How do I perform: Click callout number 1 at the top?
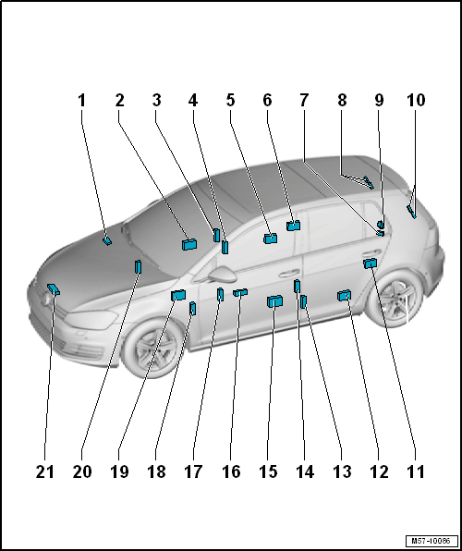click(x=81, y=101)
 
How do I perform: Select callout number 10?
click(x=416, y=101)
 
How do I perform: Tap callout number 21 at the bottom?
click(x=45, y=471)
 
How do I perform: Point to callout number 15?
click(x=268, y=471)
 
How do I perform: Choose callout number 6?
click(x=267, y=101)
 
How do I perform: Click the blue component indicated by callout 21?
click(x=54, y=288)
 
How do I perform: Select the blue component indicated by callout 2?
click(x=189, y=244)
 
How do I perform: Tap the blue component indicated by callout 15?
click(x=275, y=301)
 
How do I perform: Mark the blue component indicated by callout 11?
click(x=370, y=263)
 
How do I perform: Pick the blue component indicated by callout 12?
click(x=344, y=296)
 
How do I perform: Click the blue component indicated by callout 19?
click(x=178, y=295)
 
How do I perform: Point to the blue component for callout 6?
click(x=293, y=226)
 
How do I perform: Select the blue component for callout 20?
click(x=138, y=266)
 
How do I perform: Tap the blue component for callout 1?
click(x=107, y=240)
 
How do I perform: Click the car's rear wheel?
click(x=395, y=298)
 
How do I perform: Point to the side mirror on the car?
click(x=223, y=274)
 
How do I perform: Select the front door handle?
click(x=289, y=273)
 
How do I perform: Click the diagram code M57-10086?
click(x=432, y=540)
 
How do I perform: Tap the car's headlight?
click(x=91, y=320)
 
